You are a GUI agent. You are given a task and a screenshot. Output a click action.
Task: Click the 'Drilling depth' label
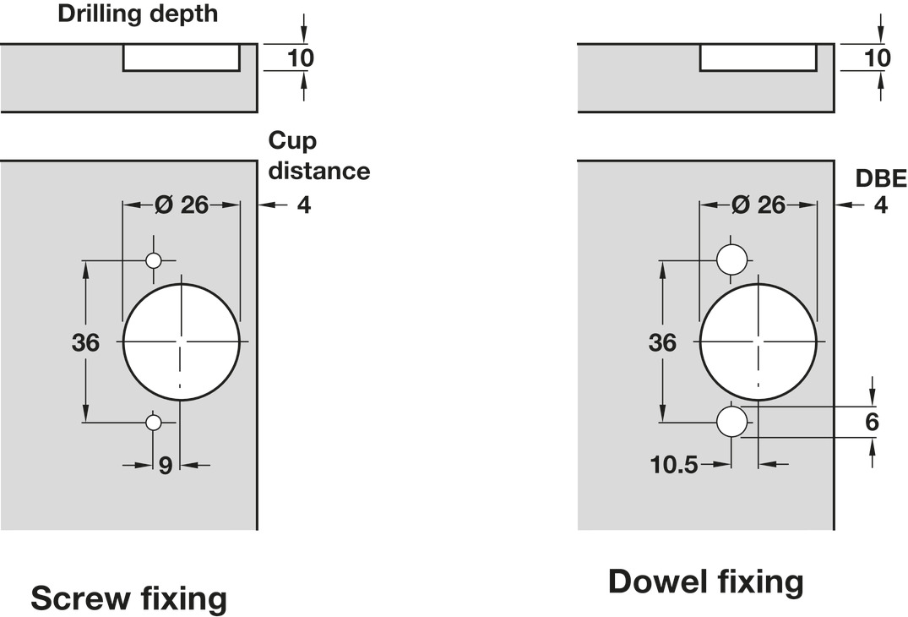click(x=137, y=14)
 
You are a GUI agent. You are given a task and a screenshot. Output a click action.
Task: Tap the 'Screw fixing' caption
click(x=129, y=598)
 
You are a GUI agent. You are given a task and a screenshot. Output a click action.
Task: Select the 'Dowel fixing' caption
click(x=705, y=582)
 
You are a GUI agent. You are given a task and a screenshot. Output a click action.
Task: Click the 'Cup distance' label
click(x=318, y=156)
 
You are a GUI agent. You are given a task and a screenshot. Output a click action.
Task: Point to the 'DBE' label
click(x=881, y=178)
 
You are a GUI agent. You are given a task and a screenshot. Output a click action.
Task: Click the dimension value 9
click(x=166, y=465)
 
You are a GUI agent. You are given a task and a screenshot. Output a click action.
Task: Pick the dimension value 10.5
click(x=673, y=464)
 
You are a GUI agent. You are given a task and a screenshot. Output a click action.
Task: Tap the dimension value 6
click(x=872, y=422)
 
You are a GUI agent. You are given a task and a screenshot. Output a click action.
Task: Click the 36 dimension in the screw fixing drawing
click(x=85, y=343)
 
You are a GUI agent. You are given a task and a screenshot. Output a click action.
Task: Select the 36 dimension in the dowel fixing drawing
click(x=662, y=342)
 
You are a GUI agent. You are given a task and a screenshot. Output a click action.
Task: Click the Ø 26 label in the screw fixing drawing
click(x=182, y=205)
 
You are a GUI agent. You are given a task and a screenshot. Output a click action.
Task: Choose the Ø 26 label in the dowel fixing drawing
click(x=758, y=205)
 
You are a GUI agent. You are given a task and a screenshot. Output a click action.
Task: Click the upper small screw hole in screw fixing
click(x=153, y=260)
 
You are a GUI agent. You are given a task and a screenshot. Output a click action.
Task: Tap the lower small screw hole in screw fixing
click(x=153, y=422)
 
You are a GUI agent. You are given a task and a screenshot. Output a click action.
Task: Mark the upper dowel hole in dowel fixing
click(x=731, y=259)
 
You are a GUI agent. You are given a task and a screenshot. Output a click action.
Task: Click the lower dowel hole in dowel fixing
click(x=731, y=421)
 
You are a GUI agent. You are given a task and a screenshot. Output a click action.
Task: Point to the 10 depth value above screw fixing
click(x=301, y=57)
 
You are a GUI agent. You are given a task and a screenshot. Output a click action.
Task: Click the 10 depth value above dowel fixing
click(x=878, y=57)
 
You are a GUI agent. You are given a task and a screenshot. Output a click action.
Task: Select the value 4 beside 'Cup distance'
click(x=304, y=205)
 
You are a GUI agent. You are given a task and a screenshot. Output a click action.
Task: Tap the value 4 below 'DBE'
click(x=881, y=205)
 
